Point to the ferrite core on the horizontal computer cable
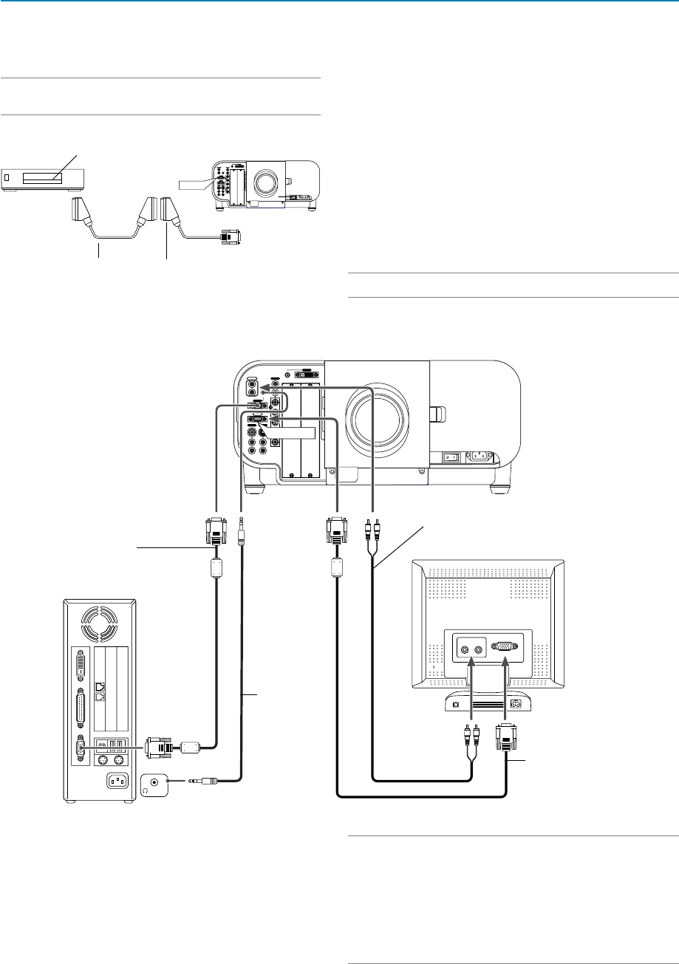(191, 747)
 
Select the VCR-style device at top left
(44, 178)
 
